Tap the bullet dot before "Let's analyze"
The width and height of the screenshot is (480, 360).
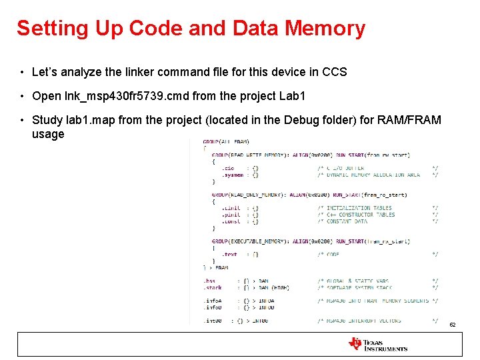[22, 71]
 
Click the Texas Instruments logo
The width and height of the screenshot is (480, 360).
[377, 344]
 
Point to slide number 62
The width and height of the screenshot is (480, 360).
[452, 325]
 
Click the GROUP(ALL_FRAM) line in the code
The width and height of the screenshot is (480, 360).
[227, 141]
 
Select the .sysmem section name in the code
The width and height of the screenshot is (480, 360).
[233, 175]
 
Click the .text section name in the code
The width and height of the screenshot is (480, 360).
[229, 254]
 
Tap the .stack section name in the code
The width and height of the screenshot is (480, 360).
[213, 287]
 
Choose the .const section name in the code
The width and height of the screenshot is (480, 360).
[231, 221]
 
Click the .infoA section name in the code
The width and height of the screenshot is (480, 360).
[214, 301]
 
